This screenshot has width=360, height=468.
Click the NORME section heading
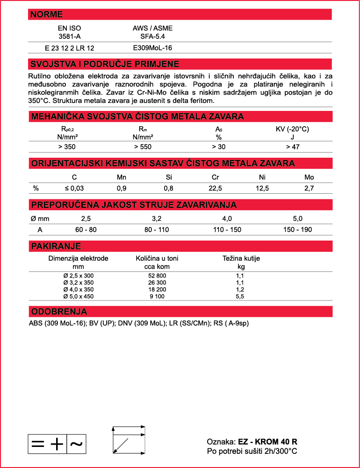point(46,15)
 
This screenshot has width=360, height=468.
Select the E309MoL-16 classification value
point(152,48)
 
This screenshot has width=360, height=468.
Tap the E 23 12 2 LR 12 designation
point(70,48)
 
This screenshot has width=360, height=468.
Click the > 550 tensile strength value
point(143,147)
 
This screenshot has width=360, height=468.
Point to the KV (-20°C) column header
point(293,129)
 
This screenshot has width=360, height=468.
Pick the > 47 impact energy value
point(293,147)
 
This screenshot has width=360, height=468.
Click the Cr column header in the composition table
point(216,177)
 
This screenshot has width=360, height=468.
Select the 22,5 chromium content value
point(216,188)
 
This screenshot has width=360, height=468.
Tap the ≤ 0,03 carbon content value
point(74,188)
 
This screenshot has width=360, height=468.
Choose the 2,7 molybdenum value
point(309,188)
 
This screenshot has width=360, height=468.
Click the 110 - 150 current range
point(227,230)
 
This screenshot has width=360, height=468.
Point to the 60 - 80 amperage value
point(86,230)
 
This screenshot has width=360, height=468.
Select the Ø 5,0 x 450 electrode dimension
point(79,296)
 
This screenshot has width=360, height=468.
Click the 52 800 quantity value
point(157,276)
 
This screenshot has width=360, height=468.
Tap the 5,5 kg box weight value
point(241,296)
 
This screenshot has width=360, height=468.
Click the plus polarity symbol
point(57,444)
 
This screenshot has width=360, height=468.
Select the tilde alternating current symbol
point(76,444)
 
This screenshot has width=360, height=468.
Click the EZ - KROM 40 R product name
point(268,442)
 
